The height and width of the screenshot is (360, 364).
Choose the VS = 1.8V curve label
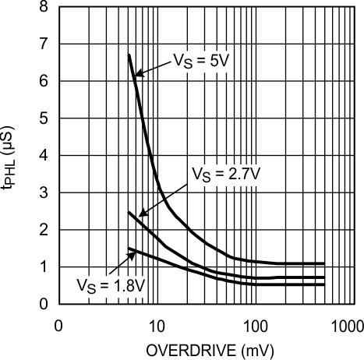pyautogui.click(x=111, y=285)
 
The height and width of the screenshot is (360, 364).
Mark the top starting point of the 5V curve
pyautogui.click(x=129, y=55)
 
